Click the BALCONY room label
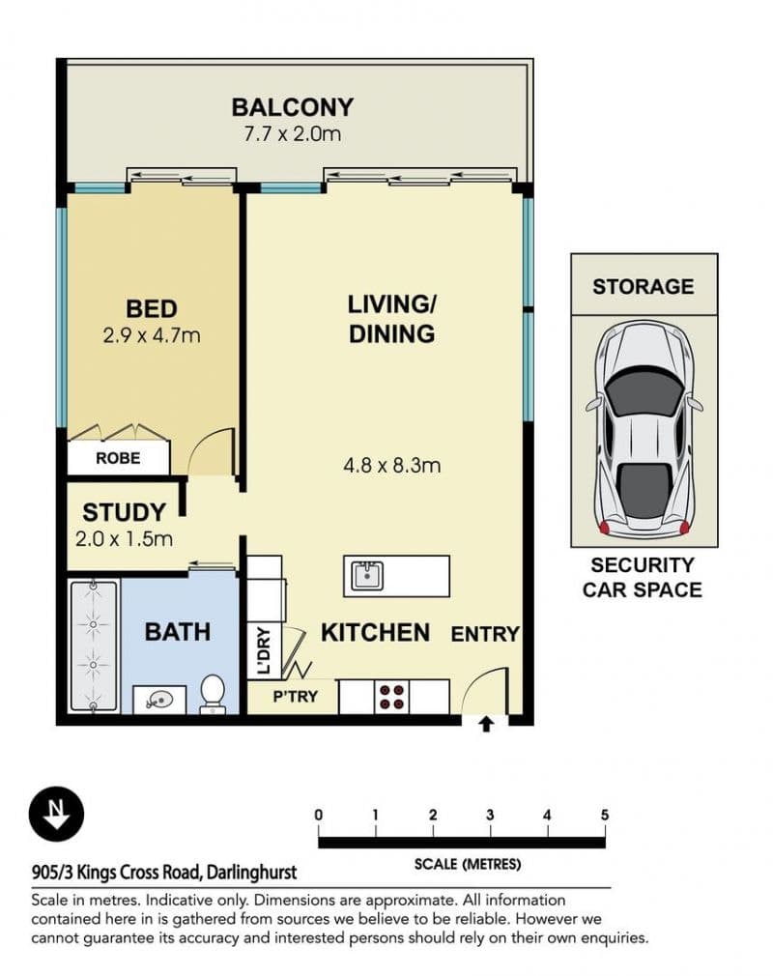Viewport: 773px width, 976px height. click(x=293, y=107)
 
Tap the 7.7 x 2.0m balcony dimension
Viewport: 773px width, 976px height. click(x=293, y=133)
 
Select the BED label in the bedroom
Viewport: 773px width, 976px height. click(x=152, y=308)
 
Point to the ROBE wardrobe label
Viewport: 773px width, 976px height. click(x=118, y=458)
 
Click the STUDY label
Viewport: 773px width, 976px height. click(x=124, y=512)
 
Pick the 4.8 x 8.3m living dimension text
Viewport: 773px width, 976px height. click(x=392, y=465)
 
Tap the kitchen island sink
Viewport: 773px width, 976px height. click(x=367, y=576)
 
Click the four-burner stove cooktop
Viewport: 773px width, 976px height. click(x=392, y=697)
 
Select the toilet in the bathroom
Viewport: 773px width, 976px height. click(x=213, y=695)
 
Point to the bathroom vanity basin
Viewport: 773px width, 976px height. click(x=159, y=701)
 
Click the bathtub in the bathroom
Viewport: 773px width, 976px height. click(x=94, y=646)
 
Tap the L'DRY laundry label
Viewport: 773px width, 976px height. click(x=264, y=651)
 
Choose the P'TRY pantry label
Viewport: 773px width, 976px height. click(x=296, y=697)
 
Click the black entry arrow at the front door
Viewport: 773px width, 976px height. click(x=487, y=725)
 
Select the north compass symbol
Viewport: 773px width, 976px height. click(x=56, y=815)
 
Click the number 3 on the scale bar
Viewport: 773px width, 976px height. click(x=491, y=815)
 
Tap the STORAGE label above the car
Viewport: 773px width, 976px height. click(x=643, y=286)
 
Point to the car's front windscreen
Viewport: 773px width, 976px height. click(x=644, y=392)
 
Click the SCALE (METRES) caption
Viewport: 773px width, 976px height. click(x=468, y=864)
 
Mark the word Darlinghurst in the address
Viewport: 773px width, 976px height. click(x=251, y=873)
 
